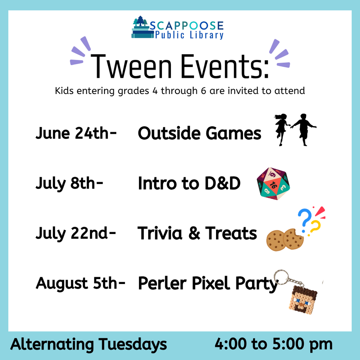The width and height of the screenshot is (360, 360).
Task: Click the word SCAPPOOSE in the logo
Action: coord(186,26)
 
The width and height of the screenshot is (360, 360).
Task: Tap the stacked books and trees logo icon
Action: coord(140,28)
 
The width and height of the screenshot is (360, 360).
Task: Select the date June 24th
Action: coord(76,134)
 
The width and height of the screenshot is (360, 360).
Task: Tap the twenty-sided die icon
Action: coord(273,184)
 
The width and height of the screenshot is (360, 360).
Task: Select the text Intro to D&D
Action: coord(189,184)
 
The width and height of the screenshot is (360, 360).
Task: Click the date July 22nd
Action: coord(76,234)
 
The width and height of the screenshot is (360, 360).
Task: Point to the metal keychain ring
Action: coord(280,278)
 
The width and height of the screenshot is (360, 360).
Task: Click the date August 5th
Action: coord(80,284)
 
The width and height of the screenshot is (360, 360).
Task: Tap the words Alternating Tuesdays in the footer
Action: coord(89,345)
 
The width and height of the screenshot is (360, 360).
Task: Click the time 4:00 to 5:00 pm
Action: coord(273,345)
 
